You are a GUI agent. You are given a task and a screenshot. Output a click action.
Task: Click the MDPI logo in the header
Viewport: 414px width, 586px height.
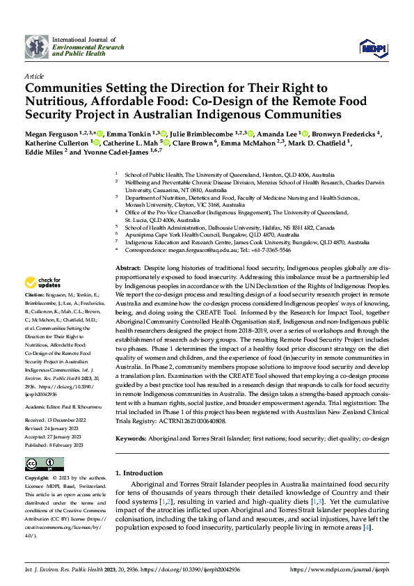click(372, 47)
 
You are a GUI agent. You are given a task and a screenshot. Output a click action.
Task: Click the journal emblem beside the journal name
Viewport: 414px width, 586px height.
click(38, 47)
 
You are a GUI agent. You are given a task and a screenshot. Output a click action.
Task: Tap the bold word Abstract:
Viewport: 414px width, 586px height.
click(127, 268)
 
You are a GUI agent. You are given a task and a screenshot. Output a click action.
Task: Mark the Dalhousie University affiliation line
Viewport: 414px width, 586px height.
click(230, 227)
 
